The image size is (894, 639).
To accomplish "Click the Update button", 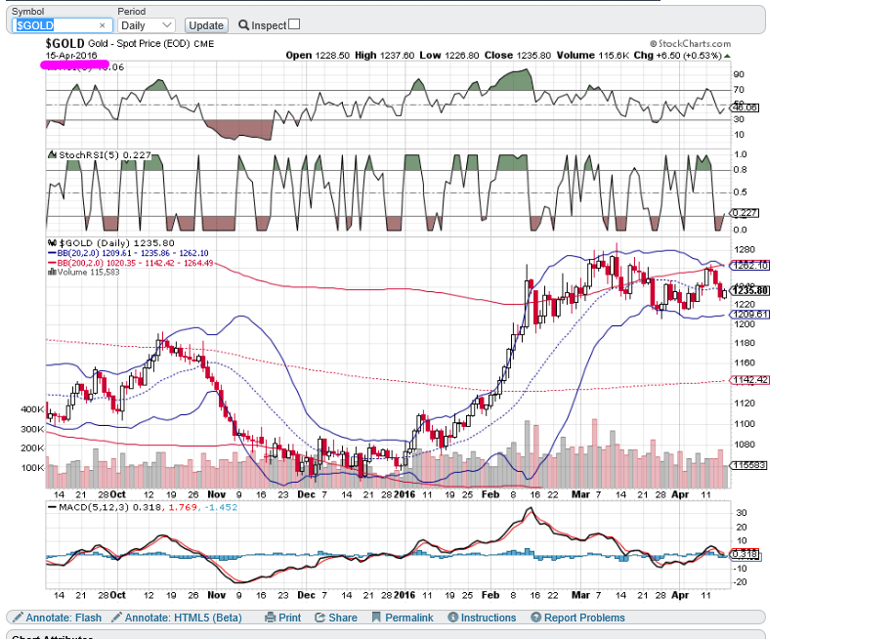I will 205,25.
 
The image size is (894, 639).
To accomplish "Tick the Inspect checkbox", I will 294,24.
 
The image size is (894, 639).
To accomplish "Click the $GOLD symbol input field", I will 59,25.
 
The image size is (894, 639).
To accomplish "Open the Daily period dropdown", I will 146,25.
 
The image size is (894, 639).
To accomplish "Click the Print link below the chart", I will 283,618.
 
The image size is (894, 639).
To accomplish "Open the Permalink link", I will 403,618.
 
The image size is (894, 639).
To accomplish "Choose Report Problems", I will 577,618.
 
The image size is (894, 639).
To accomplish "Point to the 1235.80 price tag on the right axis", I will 751,290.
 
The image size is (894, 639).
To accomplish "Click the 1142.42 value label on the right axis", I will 750,379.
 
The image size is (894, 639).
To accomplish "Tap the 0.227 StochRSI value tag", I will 745,212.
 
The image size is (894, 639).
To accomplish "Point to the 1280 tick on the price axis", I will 745,250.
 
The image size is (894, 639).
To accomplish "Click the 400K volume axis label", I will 31,410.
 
